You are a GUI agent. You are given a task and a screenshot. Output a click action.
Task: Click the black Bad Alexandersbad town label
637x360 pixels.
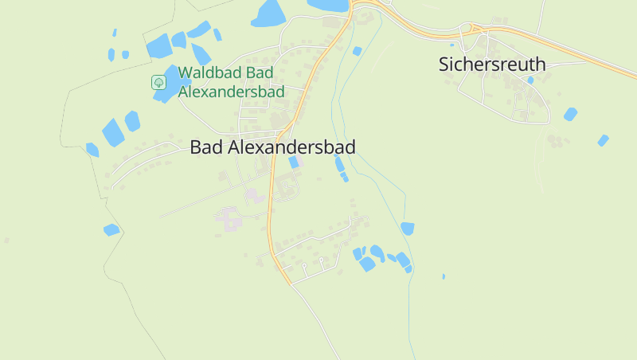point(272,147)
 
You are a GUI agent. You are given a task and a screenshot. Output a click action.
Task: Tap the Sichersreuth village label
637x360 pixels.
point(492,65)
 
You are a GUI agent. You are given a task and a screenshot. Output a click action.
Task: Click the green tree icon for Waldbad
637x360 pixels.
point(158,82)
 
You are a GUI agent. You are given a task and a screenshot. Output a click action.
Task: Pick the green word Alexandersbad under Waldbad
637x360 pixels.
point(231,92)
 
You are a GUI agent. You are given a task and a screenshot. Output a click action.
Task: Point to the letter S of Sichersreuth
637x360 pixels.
point(444,65)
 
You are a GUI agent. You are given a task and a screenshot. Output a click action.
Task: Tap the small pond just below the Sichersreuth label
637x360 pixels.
point(530,80)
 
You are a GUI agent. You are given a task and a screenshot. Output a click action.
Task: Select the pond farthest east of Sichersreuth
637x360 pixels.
point(603,140)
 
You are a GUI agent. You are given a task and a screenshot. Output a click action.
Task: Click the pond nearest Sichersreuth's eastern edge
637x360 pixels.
point(570,114)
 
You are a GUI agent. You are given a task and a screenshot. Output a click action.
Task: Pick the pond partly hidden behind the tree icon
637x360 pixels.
point(169,83)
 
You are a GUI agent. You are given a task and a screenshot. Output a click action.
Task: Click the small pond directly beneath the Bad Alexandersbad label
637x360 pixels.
point(294,162)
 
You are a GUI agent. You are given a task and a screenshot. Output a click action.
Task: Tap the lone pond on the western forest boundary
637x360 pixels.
point(111,229)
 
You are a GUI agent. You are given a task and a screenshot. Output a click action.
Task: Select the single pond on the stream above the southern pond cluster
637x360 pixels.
point(407,229)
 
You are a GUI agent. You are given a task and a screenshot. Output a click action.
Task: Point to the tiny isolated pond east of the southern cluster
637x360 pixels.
point(444,276)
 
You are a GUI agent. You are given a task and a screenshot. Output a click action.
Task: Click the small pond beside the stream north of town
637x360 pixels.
point(357,51)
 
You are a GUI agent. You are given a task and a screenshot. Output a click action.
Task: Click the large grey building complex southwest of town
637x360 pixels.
point(229,219)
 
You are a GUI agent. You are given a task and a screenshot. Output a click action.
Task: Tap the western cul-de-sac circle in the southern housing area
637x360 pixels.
point(304,264)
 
